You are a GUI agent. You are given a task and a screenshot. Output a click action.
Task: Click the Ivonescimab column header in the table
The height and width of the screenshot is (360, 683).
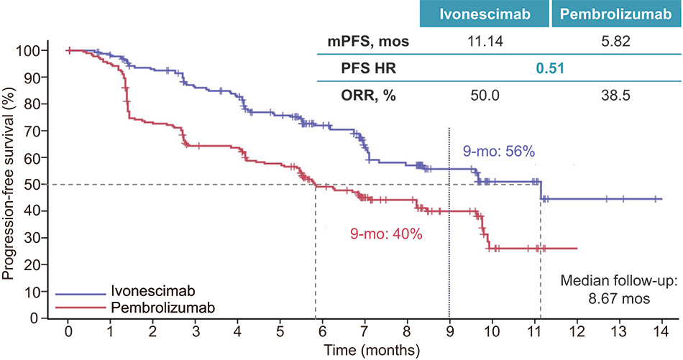tap(482, 14)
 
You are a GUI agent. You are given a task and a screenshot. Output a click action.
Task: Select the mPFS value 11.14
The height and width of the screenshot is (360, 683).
tap(482, 42)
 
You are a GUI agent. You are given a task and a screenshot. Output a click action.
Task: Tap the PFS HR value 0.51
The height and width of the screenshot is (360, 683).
tap(549, 69)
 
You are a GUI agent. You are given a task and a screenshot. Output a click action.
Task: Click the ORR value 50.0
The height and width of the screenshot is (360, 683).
tap(482, 96)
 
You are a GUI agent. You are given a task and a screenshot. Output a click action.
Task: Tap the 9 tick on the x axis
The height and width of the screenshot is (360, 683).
tap(449, 333)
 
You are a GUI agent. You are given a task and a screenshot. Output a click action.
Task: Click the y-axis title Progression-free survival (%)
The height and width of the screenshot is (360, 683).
tap(9, 184)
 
